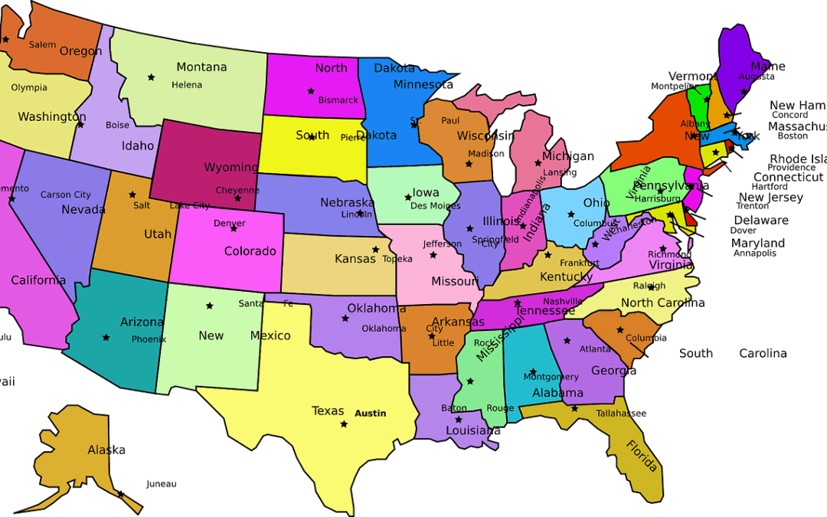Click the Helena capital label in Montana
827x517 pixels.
tap(187, 85)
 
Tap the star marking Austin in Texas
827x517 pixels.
tap(344, 424)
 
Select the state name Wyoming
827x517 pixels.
tap(230, 167)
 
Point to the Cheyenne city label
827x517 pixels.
tap(237, 190)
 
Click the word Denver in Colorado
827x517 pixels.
tap(230, 224)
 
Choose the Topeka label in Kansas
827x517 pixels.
tap(397, 259)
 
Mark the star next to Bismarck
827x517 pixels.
tap(311, 91)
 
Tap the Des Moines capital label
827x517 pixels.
tap(435, 206)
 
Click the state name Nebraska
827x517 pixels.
tap(347, 202)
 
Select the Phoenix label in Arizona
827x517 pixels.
tap(149, 339)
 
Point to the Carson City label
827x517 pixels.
tap(66, 195)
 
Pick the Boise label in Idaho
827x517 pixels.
tap(118, 125)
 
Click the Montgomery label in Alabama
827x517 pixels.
tap(551, 377)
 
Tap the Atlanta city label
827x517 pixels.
tap(595, 349)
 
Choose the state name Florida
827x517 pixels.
tap(642, 456)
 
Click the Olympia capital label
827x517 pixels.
tap(29, 87)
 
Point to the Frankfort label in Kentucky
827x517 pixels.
tap(580, 263)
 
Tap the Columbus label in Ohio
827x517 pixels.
tap(594, 224)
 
